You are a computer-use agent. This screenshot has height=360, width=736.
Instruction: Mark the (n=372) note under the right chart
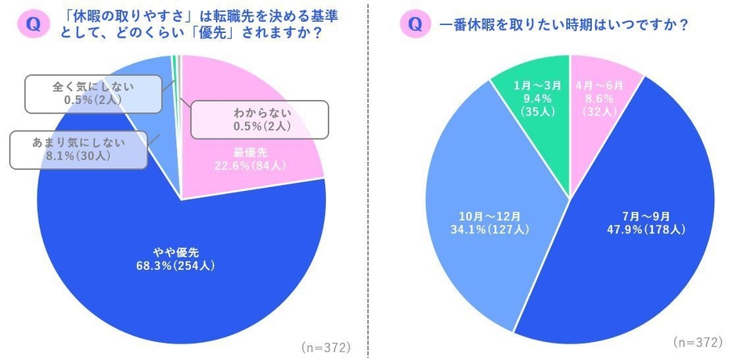point(698,342)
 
